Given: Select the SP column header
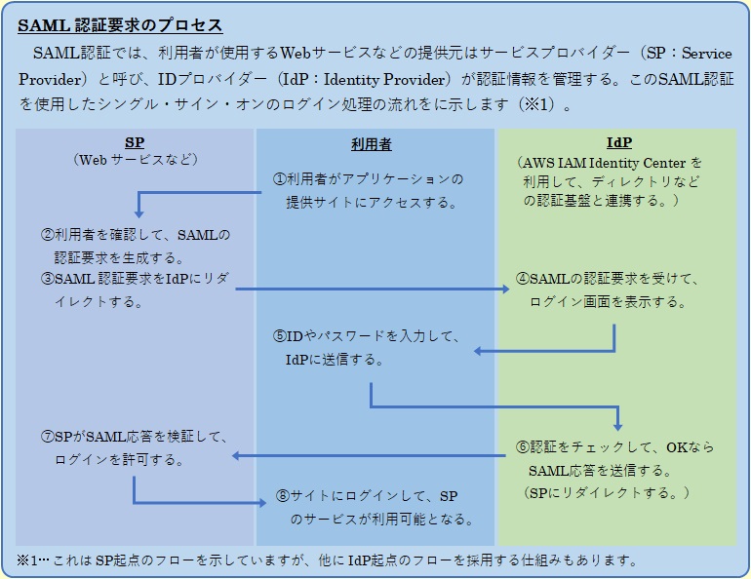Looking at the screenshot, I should [135, 142].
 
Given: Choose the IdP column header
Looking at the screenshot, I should [618, 142].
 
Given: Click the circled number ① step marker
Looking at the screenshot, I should [278, 179].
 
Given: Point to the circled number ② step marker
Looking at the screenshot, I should [47, 235].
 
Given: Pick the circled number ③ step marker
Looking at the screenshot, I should [47, 279].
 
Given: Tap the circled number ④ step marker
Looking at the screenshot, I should [522, 280].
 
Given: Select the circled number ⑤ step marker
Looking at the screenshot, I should [279, 336].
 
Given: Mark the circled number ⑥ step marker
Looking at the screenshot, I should [522, 447].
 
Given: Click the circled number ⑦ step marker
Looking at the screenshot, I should [47, 437].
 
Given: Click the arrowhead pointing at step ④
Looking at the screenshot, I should [507, 289].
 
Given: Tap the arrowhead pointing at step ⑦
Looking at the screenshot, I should [237, 455].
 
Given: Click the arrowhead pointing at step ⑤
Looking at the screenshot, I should [480, 351].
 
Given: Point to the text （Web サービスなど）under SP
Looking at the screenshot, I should [135, 159].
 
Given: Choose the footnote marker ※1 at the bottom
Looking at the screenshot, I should [25, 560].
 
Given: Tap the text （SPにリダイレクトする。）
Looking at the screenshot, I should [608, 492].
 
